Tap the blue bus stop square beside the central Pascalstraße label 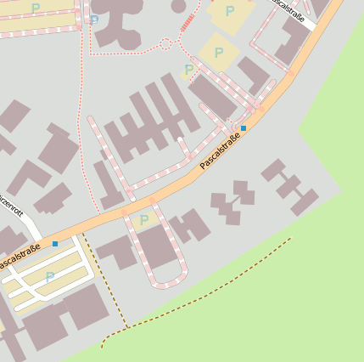click(244, 127)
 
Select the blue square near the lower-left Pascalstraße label click(55, 244)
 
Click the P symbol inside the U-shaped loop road click(143, 220)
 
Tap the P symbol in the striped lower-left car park click(49, 277)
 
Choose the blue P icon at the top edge click(93, 19)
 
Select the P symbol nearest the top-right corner click(230, 11)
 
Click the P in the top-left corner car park click(35, 8)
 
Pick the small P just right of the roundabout click(188, 70)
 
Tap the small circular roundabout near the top click(166, 42)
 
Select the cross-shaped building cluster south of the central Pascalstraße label click(233, 201)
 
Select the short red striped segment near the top click(188, 23)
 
